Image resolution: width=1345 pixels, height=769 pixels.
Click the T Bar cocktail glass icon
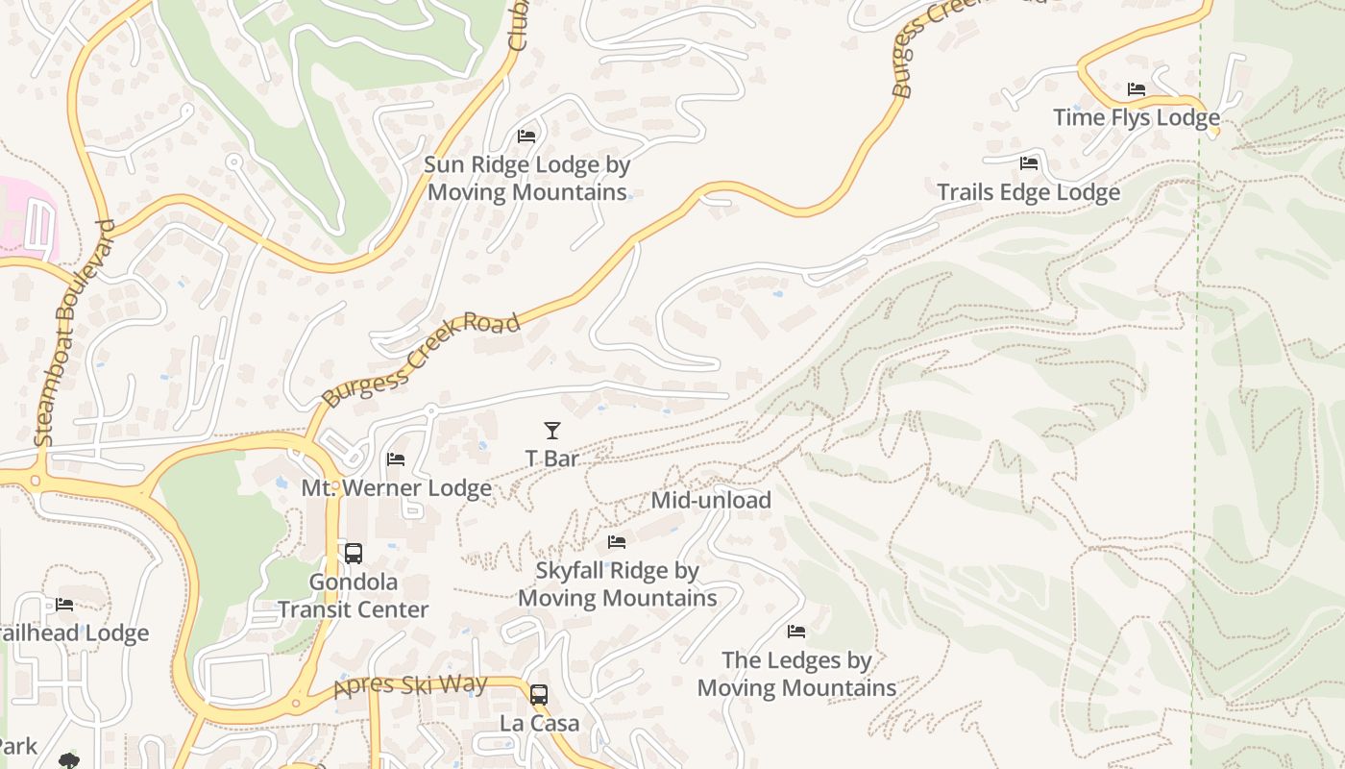(552, 431)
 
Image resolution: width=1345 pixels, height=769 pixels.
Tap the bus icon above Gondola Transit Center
(354, 554)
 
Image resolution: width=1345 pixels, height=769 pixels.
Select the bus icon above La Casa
(539, 694)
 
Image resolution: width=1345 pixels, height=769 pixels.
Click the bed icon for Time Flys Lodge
(1137, 89)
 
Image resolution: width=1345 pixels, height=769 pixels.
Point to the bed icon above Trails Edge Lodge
(1029, 163)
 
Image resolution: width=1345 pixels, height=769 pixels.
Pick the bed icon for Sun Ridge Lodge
(526, 136)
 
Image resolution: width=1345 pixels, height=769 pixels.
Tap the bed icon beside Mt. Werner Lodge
(396, 460)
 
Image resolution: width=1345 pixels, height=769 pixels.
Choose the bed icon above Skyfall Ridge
(617, 543)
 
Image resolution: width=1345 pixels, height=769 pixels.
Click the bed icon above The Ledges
(796, 632)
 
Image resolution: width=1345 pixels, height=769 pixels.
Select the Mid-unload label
(711, 500)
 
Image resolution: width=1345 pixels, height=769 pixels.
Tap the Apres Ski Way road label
(410, 687)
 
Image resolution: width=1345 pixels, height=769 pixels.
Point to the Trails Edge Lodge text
(1028, 192)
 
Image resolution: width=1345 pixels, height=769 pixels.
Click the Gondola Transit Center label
(354, 596)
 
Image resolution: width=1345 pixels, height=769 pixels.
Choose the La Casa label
(539, 723)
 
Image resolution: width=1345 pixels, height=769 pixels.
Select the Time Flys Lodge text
(1137, 118)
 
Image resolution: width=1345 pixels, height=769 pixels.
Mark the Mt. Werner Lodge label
(397, 488)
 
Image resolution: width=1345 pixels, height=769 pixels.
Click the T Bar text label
(552, 459)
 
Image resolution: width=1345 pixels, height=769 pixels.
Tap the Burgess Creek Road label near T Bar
(422, 359)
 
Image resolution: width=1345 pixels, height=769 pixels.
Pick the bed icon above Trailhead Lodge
(64, 605)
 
